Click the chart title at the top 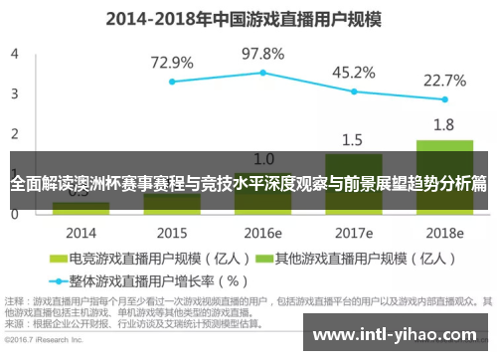(x=248, y=18)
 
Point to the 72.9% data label (x=172, y=63)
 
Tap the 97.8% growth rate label (x=262, y=54)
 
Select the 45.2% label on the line (x=353, y=73)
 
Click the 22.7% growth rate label (x=444, y=79)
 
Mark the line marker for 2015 (x=172, y=82)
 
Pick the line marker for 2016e (x=262, y=73)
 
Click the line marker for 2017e (x=353, y=91)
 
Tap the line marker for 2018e (x=444, y=100)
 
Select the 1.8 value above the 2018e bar (x=444, y=125)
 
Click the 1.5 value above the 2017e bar (x=353, y=139)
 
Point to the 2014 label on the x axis (x=82, y=232)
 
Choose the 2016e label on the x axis (x=262, y=232)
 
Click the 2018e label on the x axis (x=444, y=232)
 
